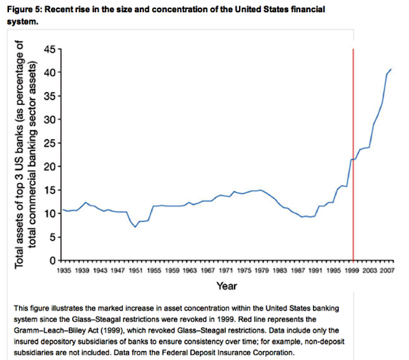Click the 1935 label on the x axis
pos(63,271)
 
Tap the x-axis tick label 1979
pos(262,271)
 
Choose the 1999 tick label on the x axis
pos(353,271)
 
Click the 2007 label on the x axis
pos(389,271)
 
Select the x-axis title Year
pos(227,285)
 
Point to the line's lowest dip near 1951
pos(135,227)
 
